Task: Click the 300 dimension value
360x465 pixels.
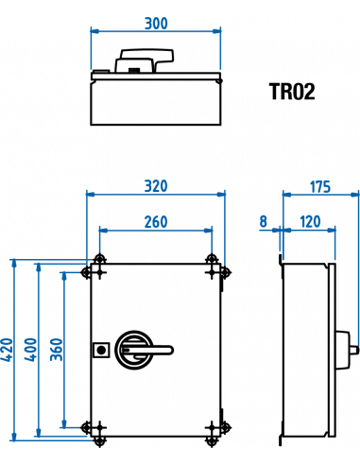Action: [x=156, y=24]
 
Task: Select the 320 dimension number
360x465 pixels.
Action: [x=156, y=187]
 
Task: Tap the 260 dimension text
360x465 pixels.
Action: [x=156, y=223]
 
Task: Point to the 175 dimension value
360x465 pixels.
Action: [x=319, y=187]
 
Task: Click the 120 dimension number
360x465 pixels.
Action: [x=309, y=223]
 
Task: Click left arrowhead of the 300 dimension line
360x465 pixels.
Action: [x=94, y=30]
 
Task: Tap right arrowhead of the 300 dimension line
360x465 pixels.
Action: [x=217, y=30]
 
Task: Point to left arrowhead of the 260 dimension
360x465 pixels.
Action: [x=103, y=230]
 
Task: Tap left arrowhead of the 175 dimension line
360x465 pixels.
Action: [x=287, y=194]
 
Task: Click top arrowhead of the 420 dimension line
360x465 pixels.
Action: [x=14, y=265]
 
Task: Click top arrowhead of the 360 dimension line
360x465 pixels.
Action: [x=63, y=277]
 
